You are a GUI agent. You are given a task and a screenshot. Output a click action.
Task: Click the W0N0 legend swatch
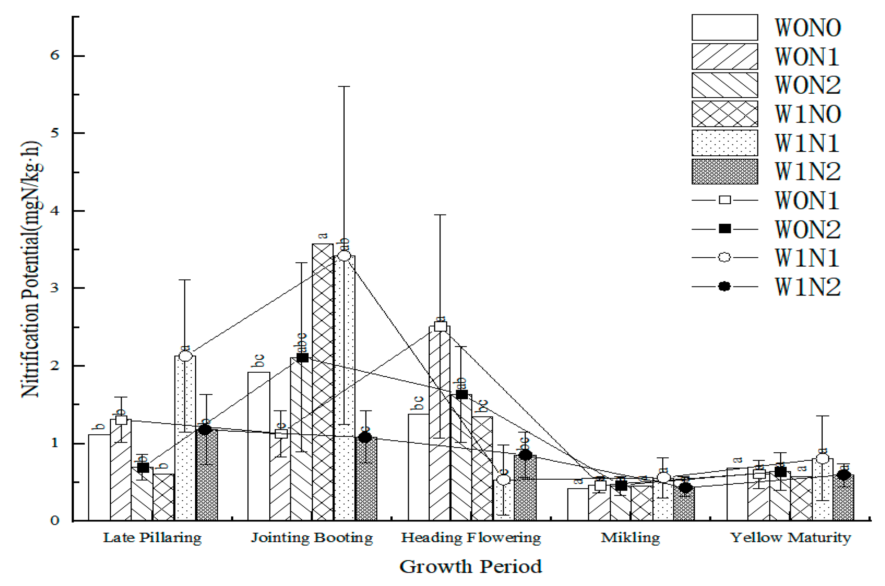click(x=724, y=27)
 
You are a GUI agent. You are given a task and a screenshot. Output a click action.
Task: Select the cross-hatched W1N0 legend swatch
click(x=724, y=114)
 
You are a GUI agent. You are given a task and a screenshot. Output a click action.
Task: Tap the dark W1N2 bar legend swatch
click(x=724, y=172)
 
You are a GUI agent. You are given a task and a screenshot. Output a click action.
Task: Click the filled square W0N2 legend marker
click(x=725, y=229)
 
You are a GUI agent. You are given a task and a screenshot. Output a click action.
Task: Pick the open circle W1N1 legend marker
click(x=725, y=257)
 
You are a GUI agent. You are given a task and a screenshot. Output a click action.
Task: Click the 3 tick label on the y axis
click(x=54, y=288)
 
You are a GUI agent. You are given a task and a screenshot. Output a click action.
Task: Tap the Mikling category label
click(x=630, y=538)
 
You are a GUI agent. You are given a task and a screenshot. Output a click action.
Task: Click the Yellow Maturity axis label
click(x=791, y=538)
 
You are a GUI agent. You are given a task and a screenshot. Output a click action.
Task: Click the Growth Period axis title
click(x=470, y=567)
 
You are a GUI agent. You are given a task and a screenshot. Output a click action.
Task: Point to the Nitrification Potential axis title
click(x=31, y=269)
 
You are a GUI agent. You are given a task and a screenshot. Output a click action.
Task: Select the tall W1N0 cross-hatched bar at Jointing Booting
click(x=323, y=381)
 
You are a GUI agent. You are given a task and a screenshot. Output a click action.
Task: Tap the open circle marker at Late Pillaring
click(x=185, y=356)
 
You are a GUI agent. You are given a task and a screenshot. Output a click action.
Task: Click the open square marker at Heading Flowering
click(x=441, y=326)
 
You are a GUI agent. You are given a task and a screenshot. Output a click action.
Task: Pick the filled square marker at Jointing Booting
click(x=302, y=358)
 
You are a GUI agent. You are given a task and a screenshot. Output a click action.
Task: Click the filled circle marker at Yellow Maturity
click(x=844, y=475)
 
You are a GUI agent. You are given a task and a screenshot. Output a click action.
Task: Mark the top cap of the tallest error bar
click(x=344, y=86)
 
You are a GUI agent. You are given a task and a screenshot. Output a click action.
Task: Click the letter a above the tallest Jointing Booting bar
click(x=323, y=236)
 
